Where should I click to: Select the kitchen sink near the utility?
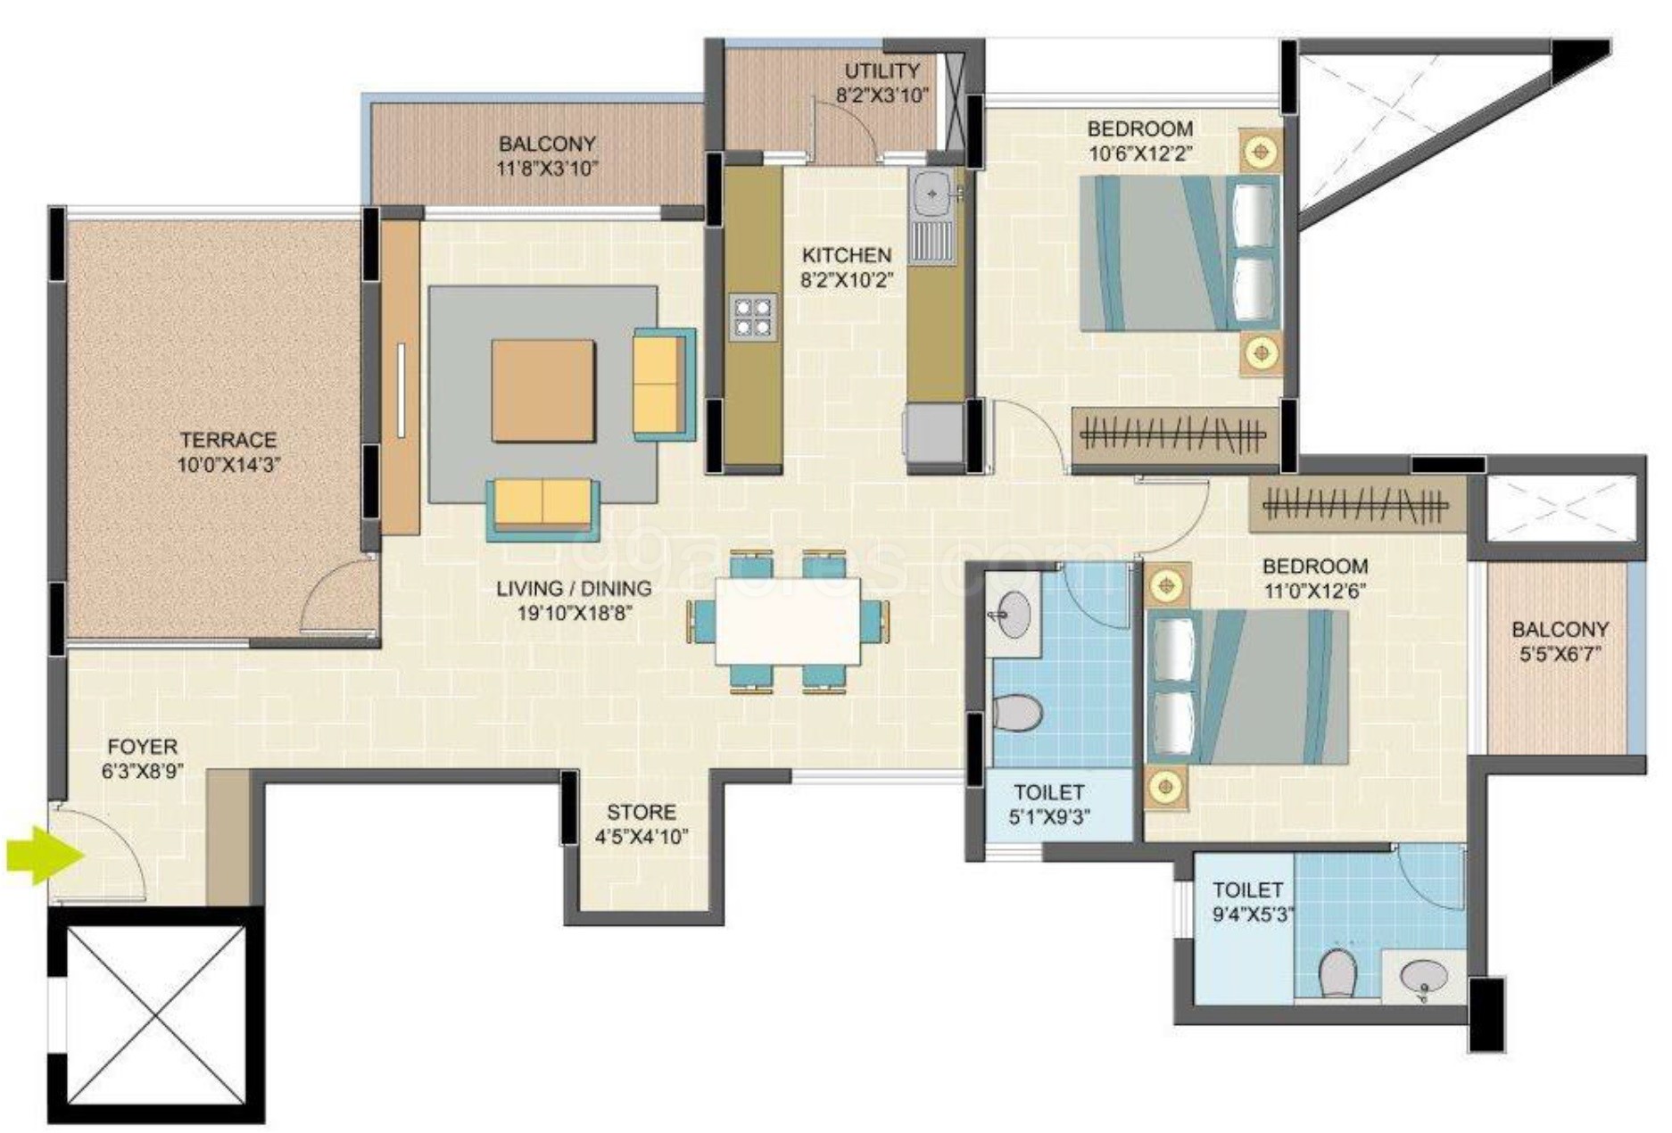[x=932, y=194]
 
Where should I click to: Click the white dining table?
[x=788, y=621]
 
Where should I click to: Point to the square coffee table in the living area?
[x=543, y=390]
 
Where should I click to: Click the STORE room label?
[x=641, y=812]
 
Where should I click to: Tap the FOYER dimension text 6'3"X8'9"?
[x=143, y=771]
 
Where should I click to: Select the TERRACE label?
[x=228, y=440]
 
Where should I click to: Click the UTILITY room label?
[x=882, y=70]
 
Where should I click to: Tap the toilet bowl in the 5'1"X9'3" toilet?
[x=1017, y=713]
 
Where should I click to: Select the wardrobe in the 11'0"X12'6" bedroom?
[x=1356, y=508]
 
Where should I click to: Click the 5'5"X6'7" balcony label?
[x=1560, y=629]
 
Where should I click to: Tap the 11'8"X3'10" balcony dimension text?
[x=547, y=168]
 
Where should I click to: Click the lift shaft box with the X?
[x=156, y=1014]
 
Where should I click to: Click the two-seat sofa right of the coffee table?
[x=661, y=384]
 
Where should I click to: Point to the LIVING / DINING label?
[x=574, y=589]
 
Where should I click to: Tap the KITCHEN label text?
[x=846, y=255]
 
